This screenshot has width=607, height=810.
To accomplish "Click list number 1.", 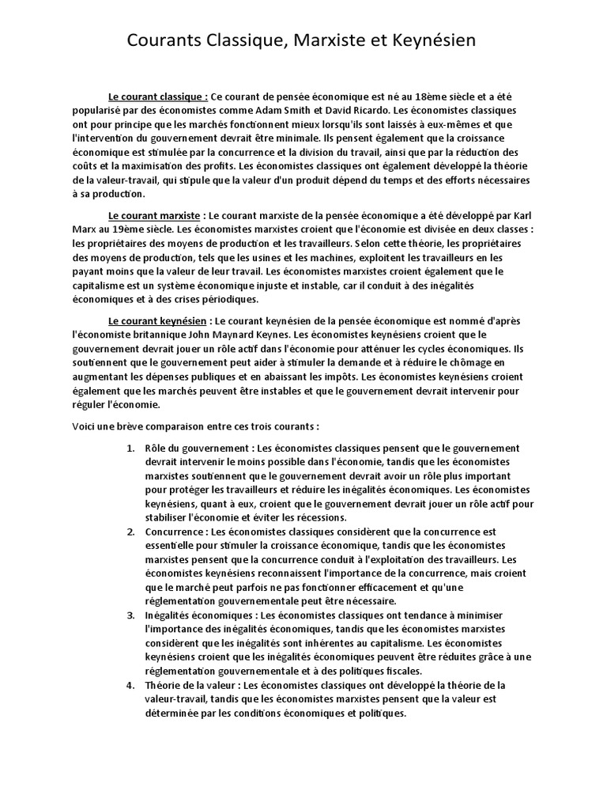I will tap(131, 449).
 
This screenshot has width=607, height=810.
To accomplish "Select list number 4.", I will tap(131, 684).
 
